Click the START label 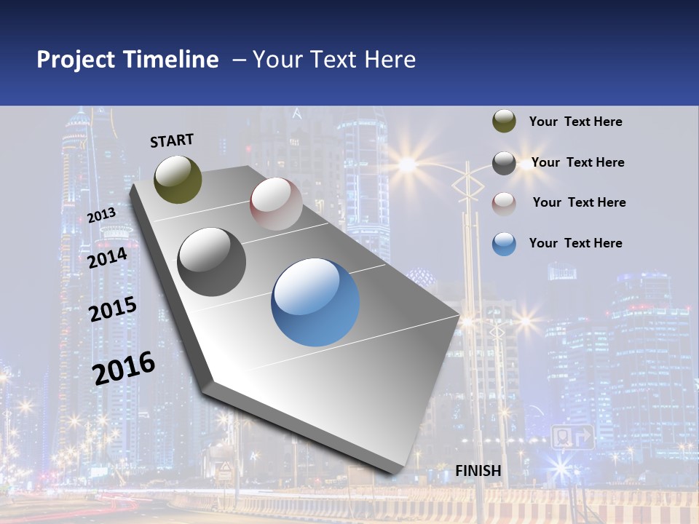(172, 140)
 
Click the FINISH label (478, 471)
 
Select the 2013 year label (102, 215)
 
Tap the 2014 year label (108, 258)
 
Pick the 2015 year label (113, 309)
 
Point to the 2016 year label (124, 368)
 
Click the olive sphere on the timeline (178, 179)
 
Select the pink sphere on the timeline (276, 203)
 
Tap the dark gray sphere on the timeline (212, 261)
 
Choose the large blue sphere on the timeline (315, 302)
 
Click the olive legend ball (504, 122)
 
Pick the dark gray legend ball (504, 163)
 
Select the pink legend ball (504, 203)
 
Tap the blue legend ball (504, 244)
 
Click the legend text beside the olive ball (575, 122)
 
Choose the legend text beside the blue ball (575, 243)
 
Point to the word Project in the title (76, 60)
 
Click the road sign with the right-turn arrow (572, 437)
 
